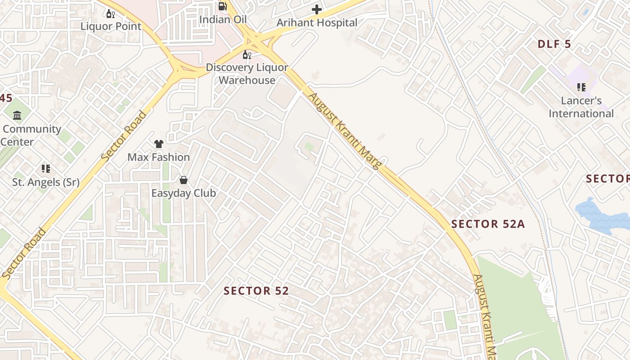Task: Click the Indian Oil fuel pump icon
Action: click(223, 6)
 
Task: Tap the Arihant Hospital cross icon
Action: click(317, 9)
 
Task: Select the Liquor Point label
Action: click(111, 26)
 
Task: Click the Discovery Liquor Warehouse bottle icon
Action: click(247, 55)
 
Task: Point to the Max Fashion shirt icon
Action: click(158, 144)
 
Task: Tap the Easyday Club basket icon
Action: click(184, 180)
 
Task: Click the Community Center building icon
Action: click(17, 116)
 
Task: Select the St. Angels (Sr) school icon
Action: click(45, 169)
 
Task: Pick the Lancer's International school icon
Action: click(581, 87)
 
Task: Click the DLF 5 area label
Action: click(554, 44)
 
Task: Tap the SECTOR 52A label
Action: click(488, 224)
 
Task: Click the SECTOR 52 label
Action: click(256, 291)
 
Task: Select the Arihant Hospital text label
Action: click(317, 22)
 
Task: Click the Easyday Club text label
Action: click(184, 193)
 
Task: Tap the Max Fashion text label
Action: click(158, 157)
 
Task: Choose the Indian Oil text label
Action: click(223, 19)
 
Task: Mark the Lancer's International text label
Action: click(581, 107)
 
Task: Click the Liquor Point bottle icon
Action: click(110, 13)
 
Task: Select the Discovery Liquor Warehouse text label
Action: click(247, 74)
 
